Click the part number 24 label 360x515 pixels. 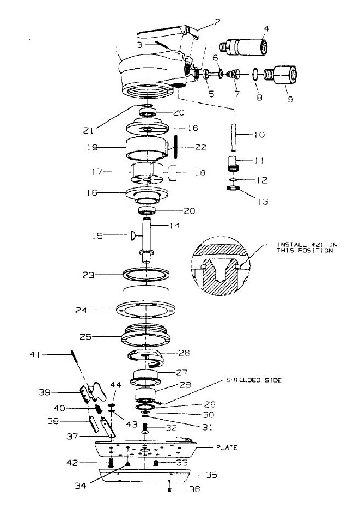point(81,310)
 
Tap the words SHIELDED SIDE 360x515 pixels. point(254,380)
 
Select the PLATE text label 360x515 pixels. point(227,447)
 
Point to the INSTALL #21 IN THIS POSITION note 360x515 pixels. point(307,247)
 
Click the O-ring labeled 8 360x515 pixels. point(255,74)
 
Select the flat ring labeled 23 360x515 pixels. point(146,274)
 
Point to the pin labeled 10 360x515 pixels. point(234,138)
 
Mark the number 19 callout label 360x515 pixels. point(93,148)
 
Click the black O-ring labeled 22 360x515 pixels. point(175,147)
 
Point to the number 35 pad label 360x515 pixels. point(212,475)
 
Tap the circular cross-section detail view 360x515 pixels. point(220,265)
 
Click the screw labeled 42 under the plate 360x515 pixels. point(111,463)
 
